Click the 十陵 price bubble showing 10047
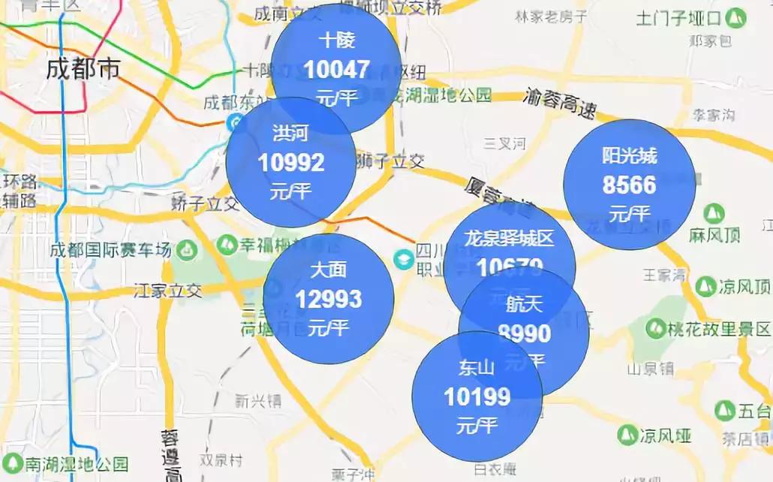[335, 68]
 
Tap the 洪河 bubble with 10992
[290, 161]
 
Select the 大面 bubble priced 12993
[328, 299]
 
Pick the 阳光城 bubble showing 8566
[629, 184]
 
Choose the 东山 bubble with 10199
[477, 396]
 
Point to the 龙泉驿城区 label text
[509, 239]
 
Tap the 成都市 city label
[83, 70]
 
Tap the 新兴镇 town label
[257, 401]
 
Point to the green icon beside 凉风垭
[627, 434]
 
